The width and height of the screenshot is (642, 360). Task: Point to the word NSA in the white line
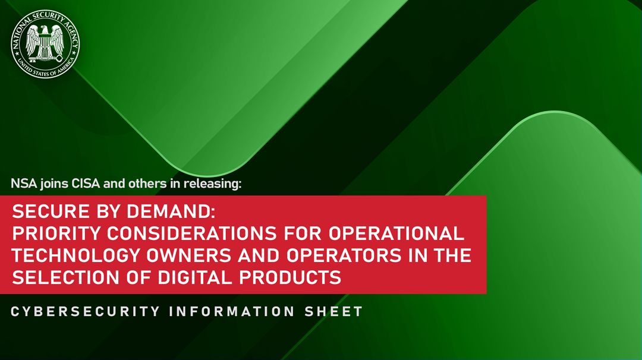click(24, 184)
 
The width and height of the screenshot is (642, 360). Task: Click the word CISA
click(86, 184)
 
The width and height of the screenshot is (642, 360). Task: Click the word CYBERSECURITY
click(86, 311)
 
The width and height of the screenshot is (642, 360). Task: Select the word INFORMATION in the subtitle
click(232, 311)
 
